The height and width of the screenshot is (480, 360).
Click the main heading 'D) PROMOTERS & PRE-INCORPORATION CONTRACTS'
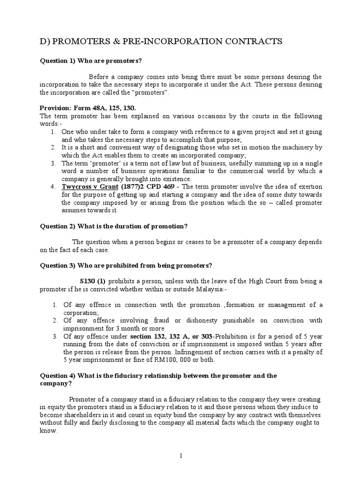[160, 42]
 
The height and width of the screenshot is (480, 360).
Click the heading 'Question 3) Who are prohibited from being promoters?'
[125, 265]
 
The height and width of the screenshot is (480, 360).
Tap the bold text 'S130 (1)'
[93, 281]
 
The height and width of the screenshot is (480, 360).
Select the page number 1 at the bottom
[180, 455]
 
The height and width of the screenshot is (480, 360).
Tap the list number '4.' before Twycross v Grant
[54, 187]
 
